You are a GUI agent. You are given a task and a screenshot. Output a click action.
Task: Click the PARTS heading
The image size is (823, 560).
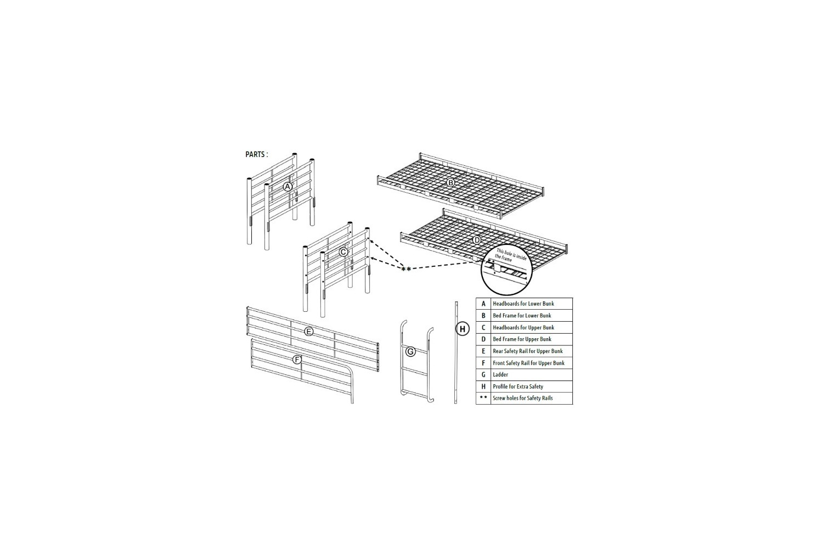pos(256,154)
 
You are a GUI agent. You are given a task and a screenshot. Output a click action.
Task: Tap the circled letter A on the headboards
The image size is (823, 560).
pos(288,187)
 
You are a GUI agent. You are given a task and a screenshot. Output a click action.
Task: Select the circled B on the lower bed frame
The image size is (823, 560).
pos(450,182)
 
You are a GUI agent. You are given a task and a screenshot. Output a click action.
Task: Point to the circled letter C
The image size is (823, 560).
pos(343,252)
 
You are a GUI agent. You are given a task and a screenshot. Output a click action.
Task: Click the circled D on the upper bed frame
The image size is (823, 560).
pos(477,240)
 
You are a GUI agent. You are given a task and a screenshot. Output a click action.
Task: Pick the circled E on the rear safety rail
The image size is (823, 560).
pos(309,332)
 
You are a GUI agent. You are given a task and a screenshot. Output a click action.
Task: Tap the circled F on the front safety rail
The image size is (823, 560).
pos(297,360)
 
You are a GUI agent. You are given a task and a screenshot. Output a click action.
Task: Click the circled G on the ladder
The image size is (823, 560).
pos(410,352)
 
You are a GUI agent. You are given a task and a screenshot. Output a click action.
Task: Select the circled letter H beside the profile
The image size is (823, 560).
pos(463,329)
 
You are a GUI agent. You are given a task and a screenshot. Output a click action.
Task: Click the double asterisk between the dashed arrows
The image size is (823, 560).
pos(406,270)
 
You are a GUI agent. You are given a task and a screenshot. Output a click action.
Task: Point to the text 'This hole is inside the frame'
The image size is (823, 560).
pos(510,255)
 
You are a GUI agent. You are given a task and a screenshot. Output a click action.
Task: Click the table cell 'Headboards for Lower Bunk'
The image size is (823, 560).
pos(523,304)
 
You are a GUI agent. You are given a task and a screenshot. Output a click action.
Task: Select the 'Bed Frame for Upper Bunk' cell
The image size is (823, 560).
pos(522,339)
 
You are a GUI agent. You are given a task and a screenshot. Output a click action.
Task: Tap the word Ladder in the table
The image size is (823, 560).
pos(500,374)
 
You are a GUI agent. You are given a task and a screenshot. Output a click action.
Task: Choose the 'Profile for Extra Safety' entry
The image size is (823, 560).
pos(518,387)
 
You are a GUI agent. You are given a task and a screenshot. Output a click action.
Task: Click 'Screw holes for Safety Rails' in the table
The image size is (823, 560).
pos(522,398)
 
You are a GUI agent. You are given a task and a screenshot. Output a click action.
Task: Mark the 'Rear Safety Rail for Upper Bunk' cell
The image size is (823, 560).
pos(528,351)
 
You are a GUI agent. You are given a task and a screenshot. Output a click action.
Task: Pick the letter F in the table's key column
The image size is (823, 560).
pos(483,363)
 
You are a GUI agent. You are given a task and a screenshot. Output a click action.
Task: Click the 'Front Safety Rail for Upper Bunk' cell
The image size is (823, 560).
pos(528,363)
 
